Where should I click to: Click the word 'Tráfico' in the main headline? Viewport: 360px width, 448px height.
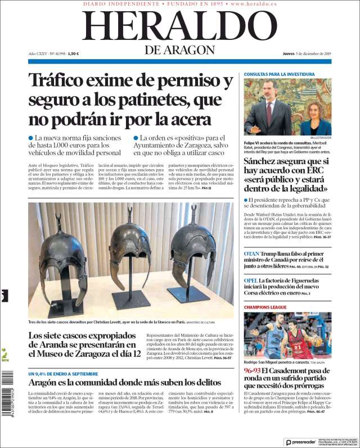pos(62,82)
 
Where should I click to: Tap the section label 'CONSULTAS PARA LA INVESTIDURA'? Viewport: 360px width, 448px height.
pos(279,74)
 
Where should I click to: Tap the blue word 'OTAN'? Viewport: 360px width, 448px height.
pos(251,254)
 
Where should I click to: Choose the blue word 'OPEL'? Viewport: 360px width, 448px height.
pos(251,280)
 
